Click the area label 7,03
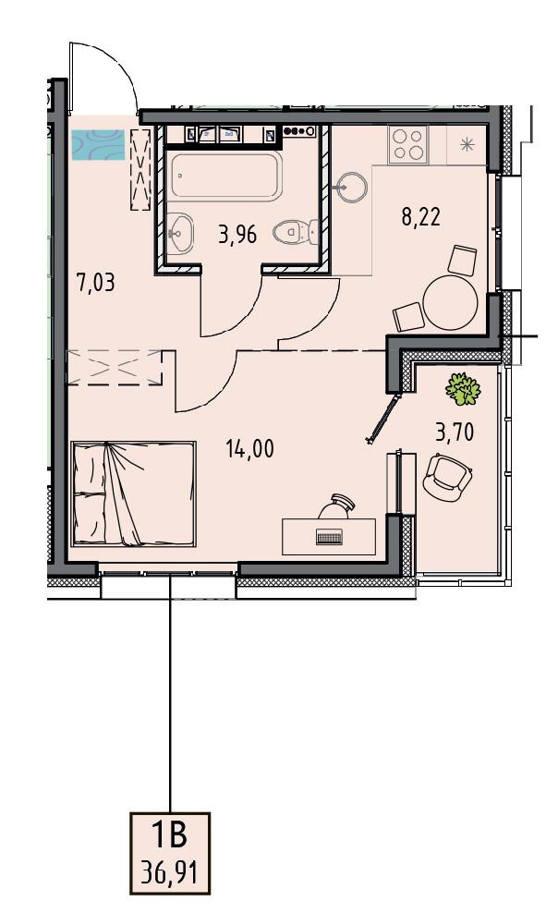[96, 283]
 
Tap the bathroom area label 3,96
[237, 236]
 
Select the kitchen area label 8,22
[421, 216]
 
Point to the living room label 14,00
[250, 449]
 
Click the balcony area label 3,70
[455, 432]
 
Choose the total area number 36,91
[169, 873]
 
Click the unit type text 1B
[169, 835]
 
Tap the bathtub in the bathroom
[227, 176]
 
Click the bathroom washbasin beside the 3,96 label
[179, 233]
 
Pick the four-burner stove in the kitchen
[408, 144]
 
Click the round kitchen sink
[351, 187]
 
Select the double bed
[133, 493]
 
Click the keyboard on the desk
[331, 537]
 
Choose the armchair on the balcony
[447, 475]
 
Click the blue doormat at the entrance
[98, 145]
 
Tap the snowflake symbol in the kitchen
[467, 144]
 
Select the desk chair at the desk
[337, 505]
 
